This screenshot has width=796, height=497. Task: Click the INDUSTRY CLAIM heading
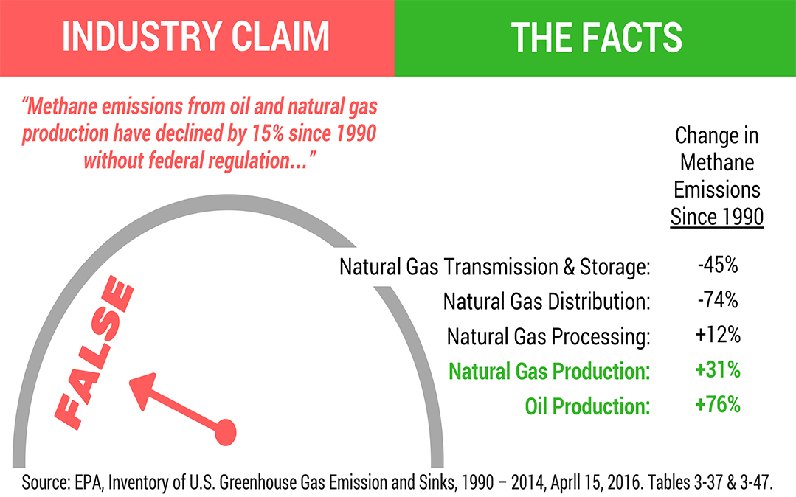click(x=195, y=37)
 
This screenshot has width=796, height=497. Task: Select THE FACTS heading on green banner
click(x=597, y=37)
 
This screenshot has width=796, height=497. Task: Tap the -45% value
click(x=718, y=265)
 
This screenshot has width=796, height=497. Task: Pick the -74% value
click(x=718, y=299)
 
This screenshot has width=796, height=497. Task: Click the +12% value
click(x=718, y=335)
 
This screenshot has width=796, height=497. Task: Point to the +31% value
click(x=718, y=369)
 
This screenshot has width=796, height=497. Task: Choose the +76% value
click(x=718, y=405)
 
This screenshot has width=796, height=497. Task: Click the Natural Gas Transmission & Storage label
click(x=495, y=267)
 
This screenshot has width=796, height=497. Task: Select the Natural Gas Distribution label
click(x=547, y=302)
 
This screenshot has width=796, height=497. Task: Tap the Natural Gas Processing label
click(x=549, y=336)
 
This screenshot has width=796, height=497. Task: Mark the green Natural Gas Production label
click(x=550, y=371)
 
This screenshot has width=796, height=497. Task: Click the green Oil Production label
click(x=588, y=406)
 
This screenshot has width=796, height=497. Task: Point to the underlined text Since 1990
click(x=717, y=217)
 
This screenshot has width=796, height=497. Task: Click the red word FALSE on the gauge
click(x=94, y=352)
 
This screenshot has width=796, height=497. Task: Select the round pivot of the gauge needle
click(x=226, y=433)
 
